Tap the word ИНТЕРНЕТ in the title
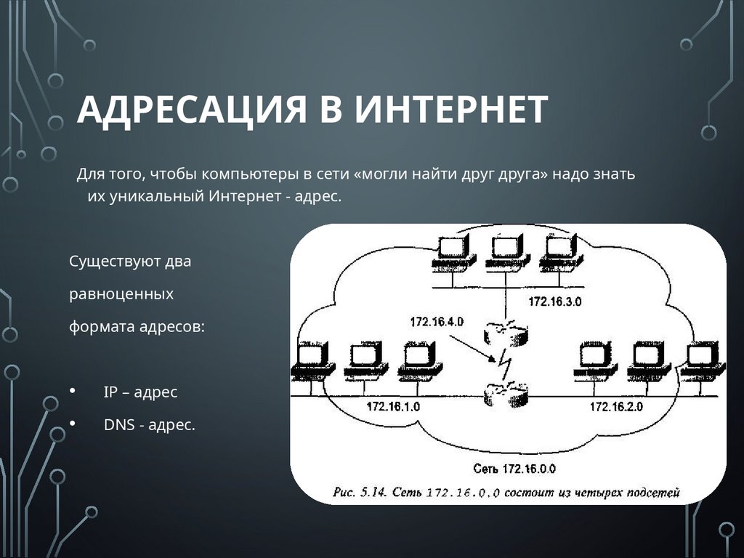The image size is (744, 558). [451, 109]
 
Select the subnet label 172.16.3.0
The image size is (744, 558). [555, 302]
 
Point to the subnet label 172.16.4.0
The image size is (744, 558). [437, 321]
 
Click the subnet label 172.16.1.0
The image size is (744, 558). [393, 407]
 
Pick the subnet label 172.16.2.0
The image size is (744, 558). [616, 407]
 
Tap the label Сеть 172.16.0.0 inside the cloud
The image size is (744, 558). [514, 468]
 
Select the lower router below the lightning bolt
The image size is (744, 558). [506, 396]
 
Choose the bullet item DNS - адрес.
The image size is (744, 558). [150, 425]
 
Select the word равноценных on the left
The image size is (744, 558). [121, 294]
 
